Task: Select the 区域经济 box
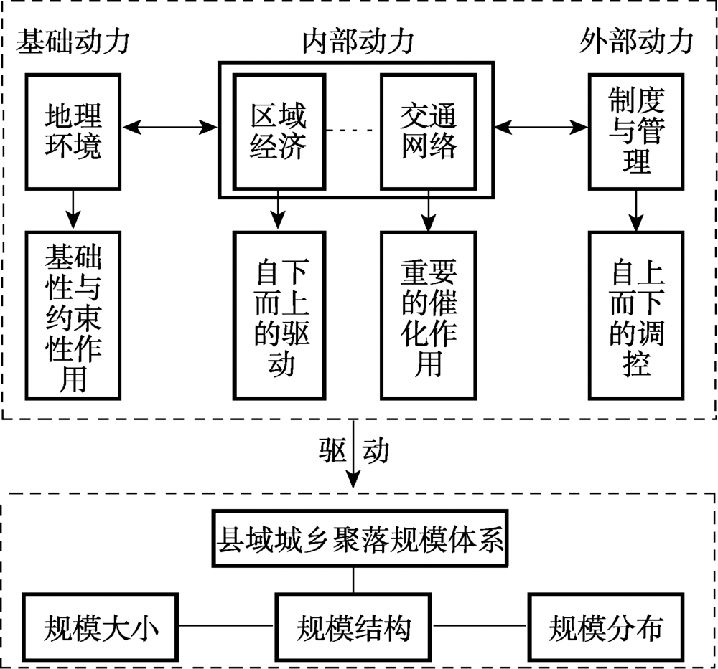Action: pyautogui.click(x=278, y=131)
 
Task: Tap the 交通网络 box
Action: pyautogui.click(x=429, y=131)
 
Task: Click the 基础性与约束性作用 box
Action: pyautogui.click(x=73, y=315)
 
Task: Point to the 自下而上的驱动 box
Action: pyautogui.click(x=278, y=315)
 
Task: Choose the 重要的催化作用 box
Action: pyautogui.click(x=429, y=315)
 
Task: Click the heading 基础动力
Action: pyautogui.click(x=73, y=42)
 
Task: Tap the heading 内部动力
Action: pyautogui.click(x=357, y=42)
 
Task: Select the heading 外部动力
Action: pyautogui.click(x=635, y=42)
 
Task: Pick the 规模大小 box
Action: pyautogui.click(x=101, y=626)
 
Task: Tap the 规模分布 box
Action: pyautogui.click(x=605, y=626)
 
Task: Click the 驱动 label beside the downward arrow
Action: pyautogui.click(x=353, y=451)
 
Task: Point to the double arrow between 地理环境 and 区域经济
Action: pyautogui.click(x=170, y=128)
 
